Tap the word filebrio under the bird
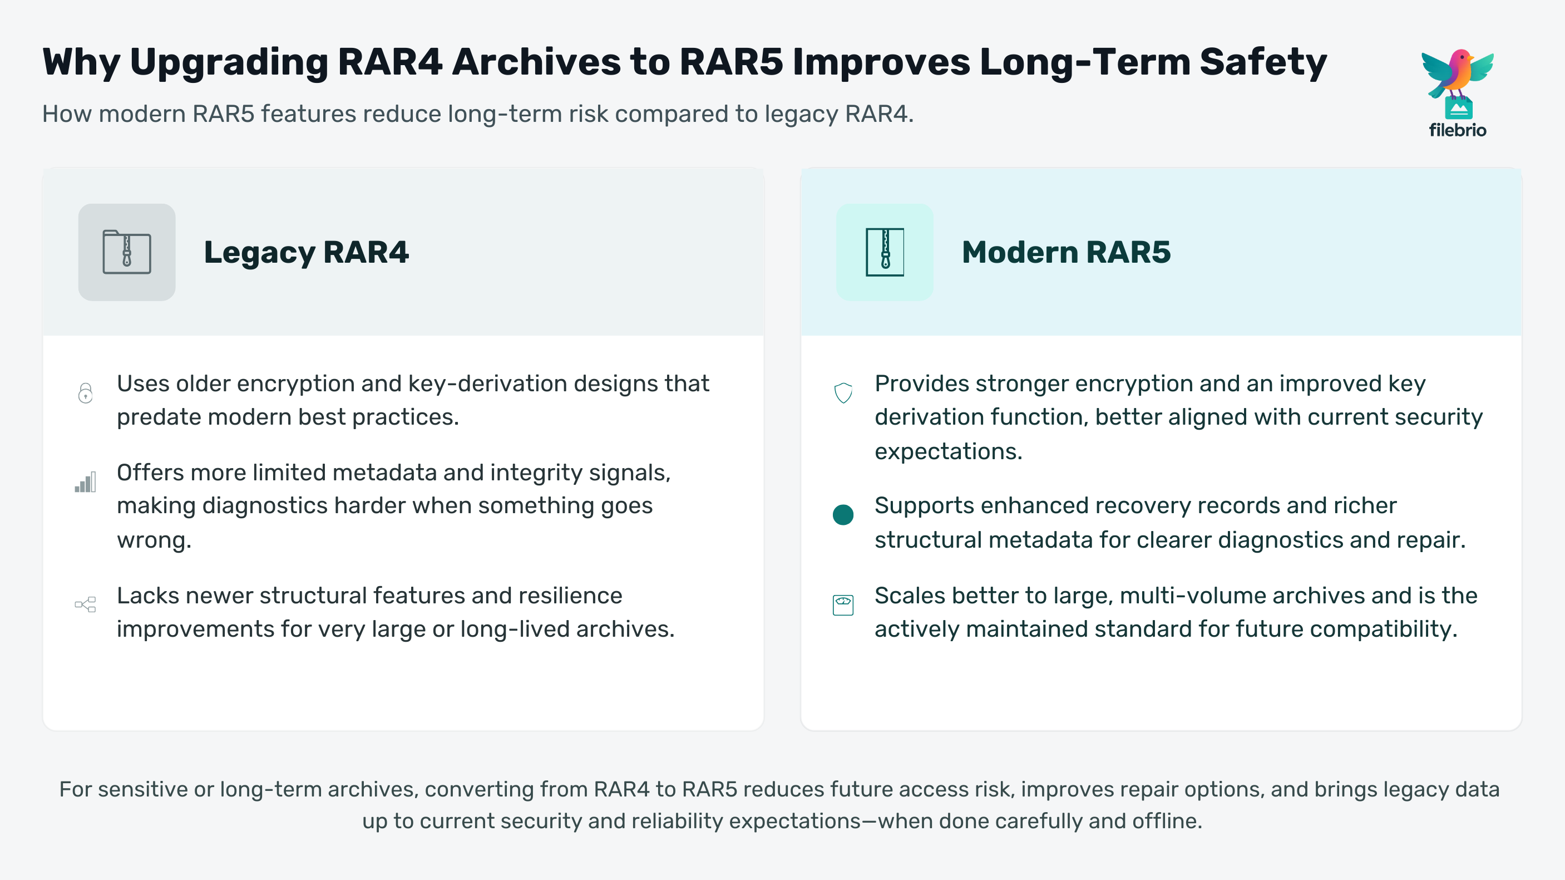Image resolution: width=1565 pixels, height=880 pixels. click(1458, 130)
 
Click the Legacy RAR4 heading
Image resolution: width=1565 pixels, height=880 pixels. click(306, 252)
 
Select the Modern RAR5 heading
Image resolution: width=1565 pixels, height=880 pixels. click(1066, 252)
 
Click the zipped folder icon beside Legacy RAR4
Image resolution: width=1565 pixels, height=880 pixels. click(127, 252)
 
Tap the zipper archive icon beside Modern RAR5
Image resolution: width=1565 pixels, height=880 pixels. click(885, 252)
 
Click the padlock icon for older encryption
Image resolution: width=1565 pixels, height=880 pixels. click(86, 393)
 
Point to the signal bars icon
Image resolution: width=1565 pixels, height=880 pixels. click(86, 482)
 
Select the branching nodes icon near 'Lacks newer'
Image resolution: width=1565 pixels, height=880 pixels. click(86, 604)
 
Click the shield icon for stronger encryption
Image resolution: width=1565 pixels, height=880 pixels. click(843, 393)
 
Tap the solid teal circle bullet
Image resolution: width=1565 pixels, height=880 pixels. click(843, 515)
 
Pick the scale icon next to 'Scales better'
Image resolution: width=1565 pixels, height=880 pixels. click(843, 604)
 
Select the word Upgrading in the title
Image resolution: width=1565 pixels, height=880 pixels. click(229, 62)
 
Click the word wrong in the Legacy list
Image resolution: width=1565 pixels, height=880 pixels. click(154, 540)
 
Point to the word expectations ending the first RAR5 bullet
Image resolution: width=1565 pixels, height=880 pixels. click(949, 451)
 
